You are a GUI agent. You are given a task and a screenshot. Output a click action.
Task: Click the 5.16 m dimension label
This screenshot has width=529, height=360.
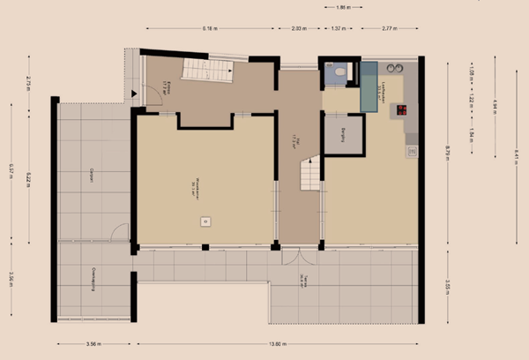click(209, 28)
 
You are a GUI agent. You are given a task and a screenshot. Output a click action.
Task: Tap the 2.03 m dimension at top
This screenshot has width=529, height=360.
click(299, 28)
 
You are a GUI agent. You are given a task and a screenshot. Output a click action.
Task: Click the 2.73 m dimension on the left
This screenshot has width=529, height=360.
click(29, 84)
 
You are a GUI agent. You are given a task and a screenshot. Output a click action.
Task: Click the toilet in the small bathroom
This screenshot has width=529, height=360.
click(339, 71)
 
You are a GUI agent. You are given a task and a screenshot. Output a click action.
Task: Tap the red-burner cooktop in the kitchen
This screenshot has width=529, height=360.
click(402, 110)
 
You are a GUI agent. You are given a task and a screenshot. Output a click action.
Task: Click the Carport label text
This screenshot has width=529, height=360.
click(92, 176)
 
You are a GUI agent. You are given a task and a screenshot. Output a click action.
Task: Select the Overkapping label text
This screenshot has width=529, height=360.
click(92, 281)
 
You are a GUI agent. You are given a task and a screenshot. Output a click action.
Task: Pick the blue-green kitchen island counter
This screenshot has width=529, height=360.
click(369, 86)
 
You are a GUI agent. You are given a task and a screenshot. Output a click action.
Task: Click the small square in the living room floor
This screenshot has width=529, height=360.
click(205, 222)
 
